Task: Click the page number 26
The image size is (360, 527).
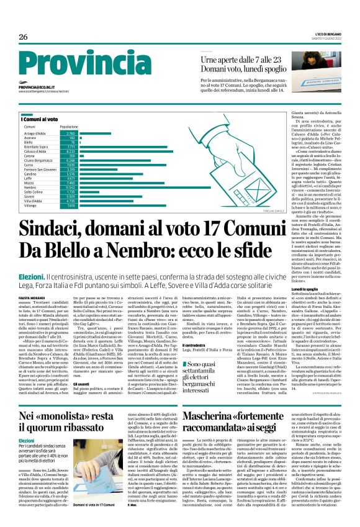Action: (23, 37)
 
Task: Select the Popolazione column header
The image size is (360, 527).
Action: (69, 127)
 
